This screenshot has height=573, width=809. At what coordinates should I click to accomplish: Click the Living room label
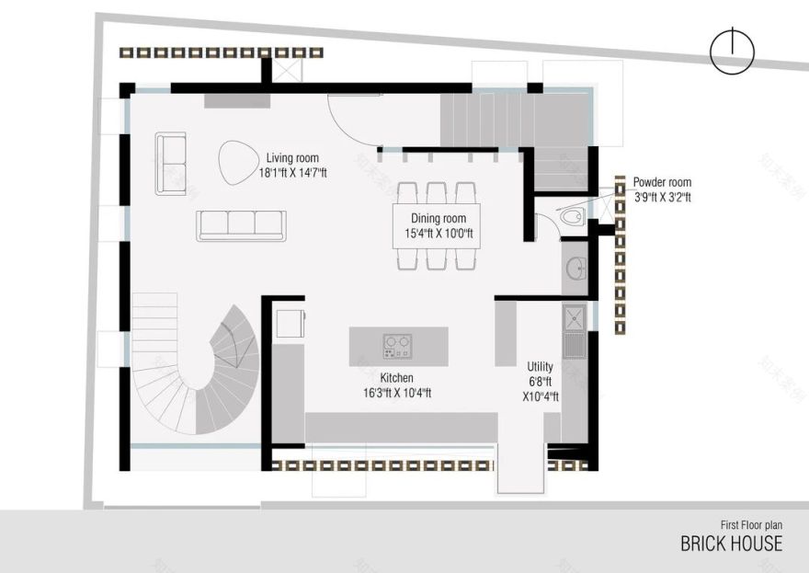click(x=292, y=158)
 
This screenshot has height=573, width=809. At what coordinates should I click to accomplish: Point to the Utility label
click(x=540, y=367)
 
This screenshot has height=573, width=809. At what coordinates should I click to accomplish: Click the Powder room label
click(x=662, y=182)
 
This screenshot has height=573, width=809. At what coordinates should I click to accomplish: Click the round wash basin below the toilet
click(x=575, y=269)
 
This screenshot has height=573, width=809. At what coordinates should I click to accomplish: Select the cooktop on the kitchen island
click(x=397, y=345)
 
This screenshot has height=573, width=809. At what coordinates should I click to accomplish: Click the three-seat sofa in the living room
click(x=241, y=225)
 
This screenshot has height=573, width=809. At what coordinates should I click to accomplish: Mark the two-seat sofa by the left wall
click(x=170, y=163)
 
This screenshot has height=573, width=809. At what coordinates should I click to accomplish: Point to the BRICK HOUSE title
click(x=731, y=543)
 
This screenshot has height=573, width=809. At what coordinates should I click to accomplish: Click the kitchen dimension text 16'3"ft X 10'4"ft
click(x=397, y=393)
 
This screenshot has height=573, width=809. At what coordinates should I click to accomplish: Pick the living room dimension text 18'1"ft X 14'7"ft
click(x=292, y=173)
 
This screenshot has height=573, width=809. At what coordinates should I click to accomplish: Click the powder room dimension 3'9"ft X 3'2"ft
click(x=662, y=197)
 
